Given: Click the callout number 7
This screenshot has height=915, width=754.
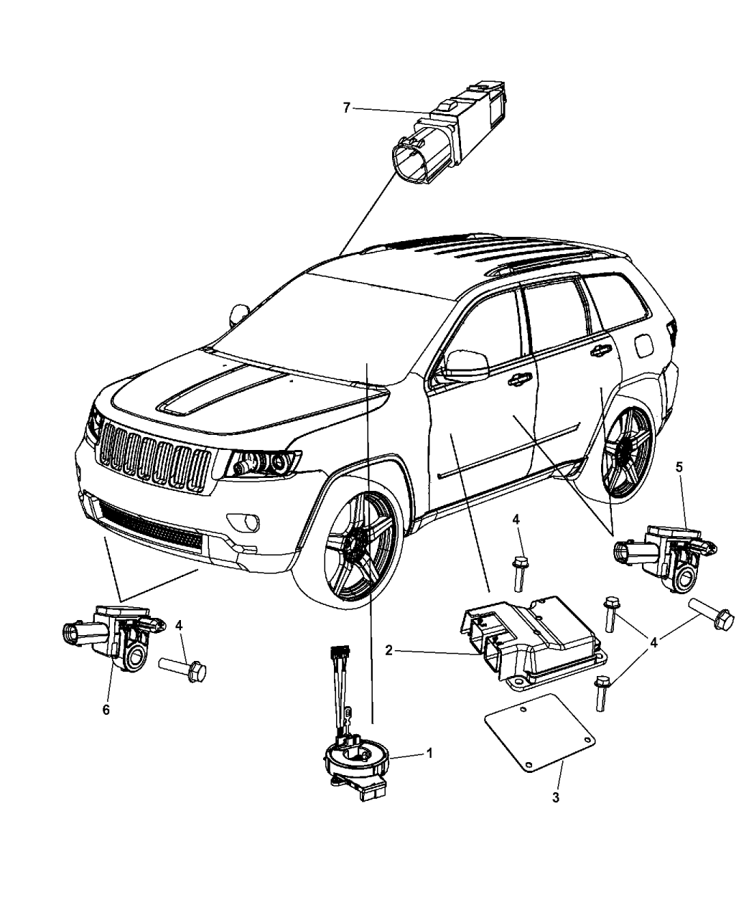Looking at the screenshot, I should pyautogui.click(x=346, y=108).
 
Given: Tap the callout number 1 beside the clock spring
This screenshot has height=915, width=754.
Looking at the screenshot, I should pyautogui.click(x=429, y=754).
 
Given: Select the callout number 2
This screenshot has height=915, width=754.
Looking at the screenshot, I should pyautogui.click(x=388, y=651).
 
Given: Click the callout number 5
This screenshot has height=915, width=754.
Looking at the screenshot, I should pyautogui.click(x=679, y=466).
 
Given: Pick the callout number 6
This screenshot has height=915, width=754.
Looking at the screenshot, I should pyautogui.click(x=106, y=709).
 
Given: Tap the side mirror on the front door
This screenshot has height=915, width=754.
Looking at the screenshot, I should pyautogui.click(x=465, y=365).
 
